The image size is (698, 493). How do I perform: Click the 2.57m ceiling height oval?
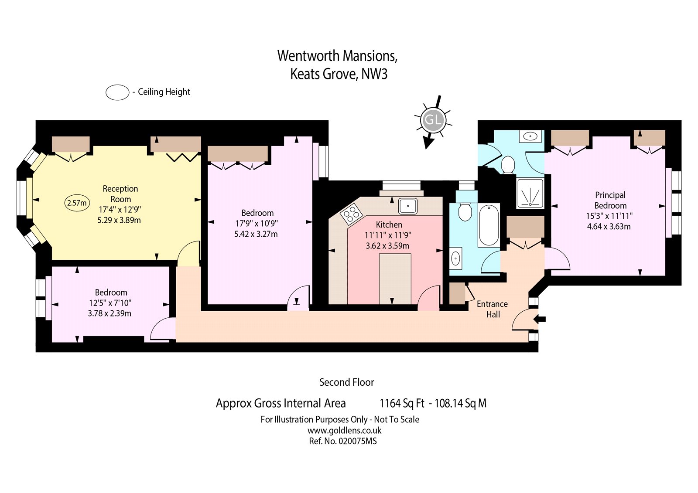77,203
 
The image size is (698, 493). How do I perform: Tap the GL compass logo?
433,119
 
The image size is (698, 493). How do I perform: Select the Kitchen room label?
389,224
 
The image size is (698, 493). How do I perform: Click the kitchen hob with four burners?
351,214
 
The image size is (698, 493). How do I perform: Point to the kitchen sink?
408,206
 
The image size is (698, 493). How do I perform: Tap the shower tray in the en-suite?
530,193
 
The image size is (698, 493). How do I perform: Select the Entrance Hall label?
492,309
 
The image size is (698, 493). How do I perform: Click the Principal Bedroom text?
610,200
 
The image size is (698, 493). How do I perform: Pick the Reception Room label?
120,194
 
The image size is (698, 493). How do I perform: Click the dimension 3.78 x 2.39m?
109,313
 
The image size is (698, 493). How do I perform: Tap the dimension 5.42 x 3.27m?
256,234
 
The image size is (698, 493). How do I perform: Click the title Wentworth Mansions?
337,56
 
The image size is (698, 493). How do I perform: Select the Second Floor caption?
346,382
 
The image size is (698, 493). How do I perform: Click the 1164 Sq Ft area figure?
401,403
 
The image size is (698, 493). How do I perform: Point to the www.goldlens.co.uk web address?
344,430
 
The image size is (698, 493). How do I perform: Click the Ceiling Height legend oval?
117,92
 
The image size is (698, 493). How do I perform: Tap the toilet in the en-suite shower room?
508,165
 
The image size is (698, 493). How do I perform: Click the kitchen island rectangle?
395,279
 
